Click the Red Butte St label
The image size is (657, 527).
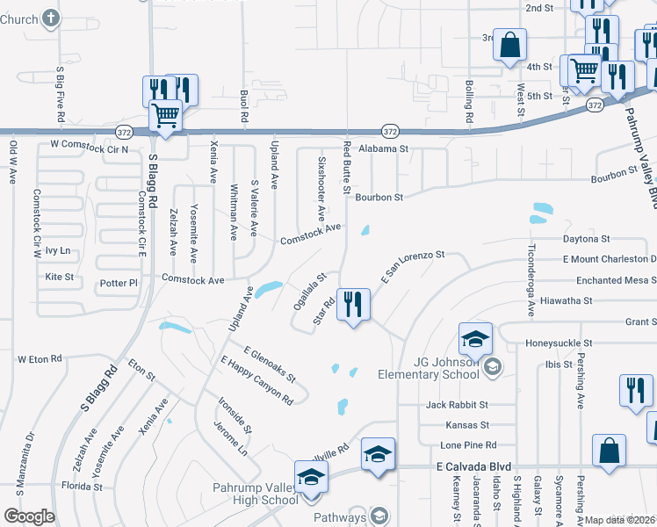347,168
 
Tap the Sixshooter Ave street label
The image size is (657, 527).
321,189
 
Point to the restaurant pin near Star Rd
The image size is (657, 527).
354,305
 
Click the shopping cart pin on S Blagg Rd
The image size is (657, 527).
165,115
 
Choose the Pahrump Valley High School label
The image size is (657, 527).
255,494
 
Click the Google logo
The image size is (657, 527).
29,516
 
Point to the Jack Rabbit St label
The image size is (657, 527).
456,405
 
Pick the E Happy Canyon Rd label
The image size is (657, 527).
256,379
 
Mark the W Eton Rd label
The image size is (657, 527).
40,359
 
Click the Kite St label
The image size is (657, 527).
59,277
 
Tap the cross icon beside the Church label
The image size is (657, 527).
51,18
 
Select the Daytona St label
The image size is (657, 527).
586,239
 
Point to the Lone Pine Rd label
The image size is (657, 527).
468,444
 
